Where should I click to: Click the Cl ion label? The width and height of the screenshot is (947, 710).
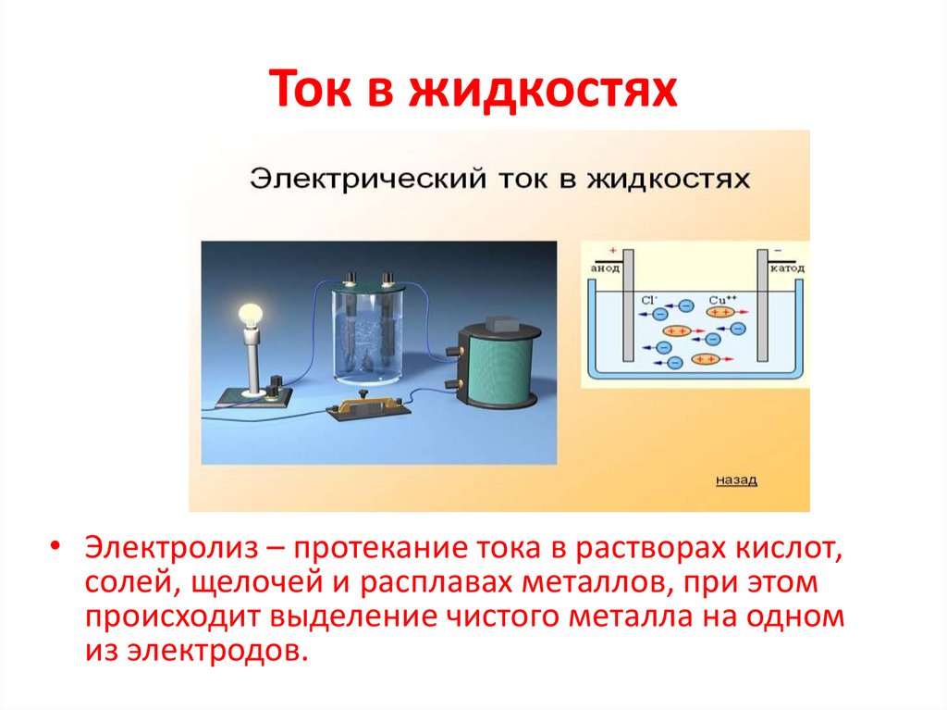point(649,299)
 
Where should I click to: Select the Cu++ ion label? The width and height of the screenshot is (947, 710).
point(722,299)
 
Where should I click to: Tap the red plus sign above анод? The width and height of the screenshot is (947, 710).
point(611,251)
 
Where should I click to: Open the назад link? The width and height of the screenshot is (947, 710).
point(737,480)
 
